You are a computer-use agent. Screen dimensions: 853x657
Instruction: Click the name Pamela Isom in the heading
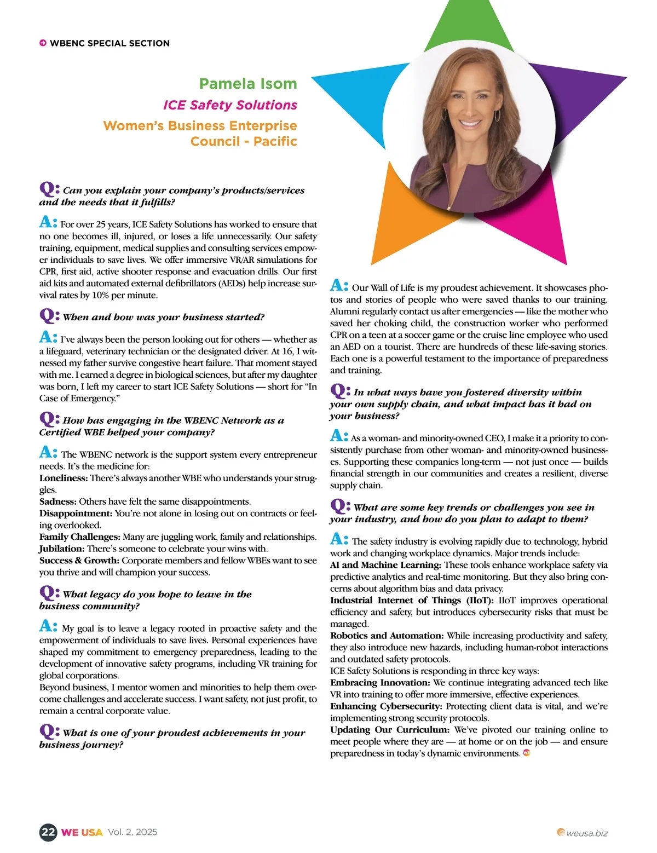[247, 84]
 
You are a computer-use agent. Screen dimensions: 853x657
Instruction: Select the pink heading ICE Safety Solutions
[230, 105]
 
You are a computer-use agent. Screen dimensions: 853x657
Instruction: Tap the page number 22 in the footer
[48, 832]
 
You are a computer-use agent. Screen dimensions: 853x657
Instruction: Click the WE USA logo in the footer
[82, 832]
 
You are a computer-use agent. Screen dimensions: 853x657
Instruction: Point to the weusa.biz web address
[586, 833]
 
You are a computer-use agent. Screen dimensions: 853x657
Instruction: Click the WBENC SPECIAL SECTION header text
[109, 43]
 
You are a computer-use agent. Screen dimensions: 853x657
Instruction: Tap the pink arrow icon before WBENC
[43, 43]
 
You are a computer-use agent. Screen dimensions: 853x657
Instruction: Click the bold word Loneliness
[64, 478]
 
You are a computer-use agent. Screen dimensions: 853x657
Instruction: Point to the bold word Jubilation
[62, 549]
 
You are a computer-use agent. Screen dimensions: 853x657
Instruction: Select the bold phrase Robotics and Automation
[387, 636]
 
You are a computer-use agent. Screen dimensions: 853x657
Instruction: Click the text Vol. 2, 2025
[132, 832]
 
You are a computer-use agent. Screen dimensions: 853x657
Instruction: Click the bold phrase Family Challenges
[79, 537]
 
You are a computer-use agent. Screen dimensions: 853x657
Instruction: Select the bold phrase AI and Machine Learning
[385, 565]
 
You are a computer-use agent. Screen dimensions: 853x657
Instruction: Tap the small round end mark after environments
[527, 753]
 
